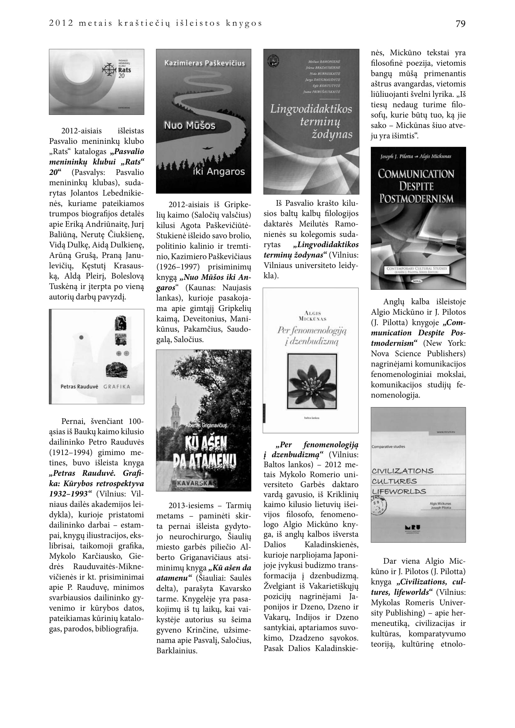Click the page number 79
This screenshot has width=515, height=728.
(460, 24)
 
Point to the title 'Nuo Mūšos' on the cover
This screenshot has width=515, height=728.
(189, 125)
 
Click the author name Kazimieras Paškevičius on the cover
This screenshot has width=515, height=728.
(204, 63)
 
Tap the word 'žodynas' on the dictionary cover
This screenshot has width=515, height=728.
(331, 134)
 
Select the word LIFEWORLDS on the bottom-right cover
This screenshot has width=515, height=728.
(399, 492)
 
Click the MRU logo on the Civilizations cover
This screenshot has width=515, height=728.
(413, 527)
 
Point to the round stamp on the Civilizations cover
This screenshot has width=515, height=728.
(380, 506)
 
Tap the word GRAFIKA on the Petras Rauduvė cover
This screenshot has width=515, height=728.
(117, 387)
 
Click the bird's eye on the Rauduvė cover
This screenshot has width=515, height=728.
(82, 338)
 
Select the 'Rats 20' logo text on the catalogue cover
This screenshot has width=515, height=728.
(124, 73)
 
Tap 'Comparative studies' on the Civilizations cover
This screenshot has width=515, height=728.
(388, 447)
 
